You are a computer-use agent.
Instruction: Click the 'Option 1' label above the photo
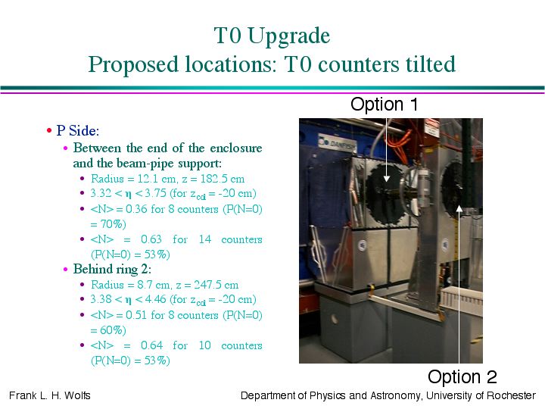click(x=384, y=104)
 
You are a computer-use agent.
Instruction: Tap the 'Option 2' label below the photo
click(x=462, y=376)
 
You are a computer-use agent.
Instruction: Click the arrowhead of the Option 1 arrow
click(x=387, y=179)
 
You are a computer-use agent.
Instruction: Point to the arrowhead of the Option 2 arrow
click(x=459, y=208)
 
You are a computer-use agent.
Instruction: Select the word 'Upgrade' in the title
click(x=289, y=36)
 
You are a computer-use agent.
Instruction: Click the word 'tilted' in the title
click(x=430, y=64)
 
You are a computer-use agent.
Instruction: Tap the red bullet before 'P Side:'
click(x=49, y=131)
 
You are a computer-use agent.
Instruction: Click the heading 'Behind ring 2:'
click(x=112, y=269)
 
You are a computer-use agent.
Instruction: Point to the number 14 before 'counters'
click(x=205, y=239)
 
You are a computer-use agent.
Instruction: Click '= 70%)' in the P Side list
click(x=107, y=224)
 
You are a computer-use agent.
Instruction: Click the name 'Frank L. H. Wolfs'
click(x=50, y=395)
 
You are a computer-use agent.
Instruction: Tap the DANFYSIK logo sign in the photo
click(x=338, y=143)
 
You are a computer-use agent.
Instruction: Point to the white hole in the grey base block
click(x=335, y=319)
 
